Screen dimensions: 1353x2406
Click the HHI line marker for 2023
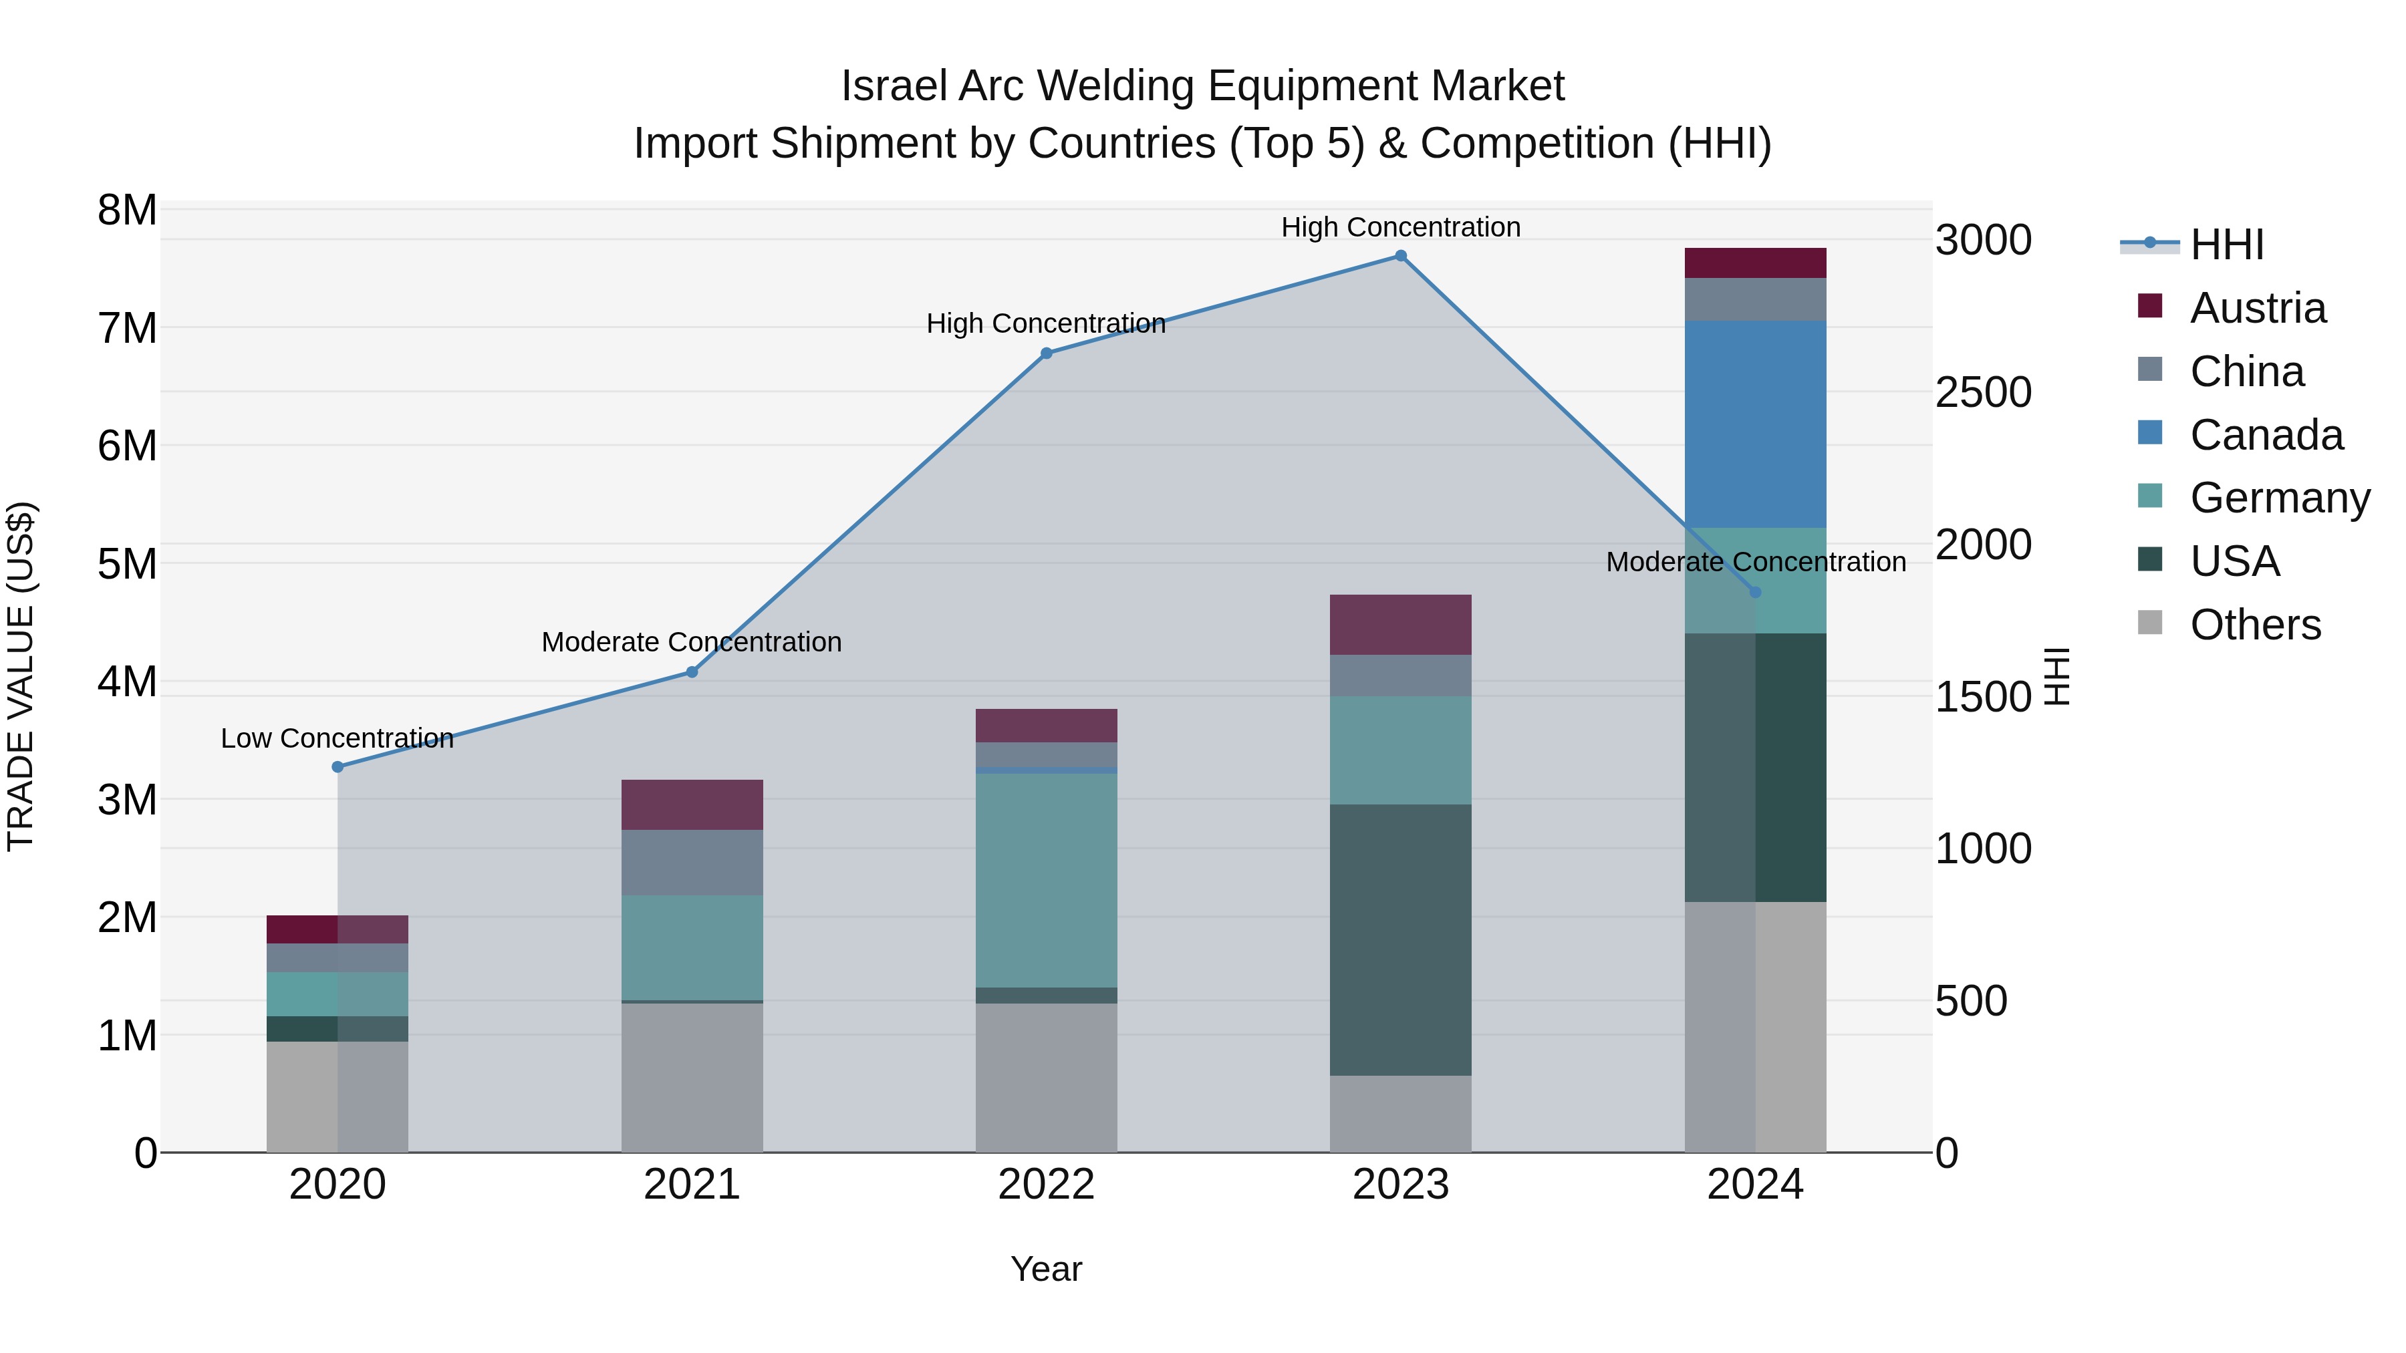pos(1400,256)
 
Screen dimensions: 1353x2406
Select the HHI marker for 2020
pos(338,766)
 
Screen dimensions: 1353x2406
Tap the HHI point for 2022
pos(1046,353)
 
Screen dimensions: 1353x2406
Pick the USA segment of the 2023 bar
pos(1400,939)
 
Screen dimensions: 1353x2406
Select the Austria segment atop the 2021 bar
pos(692,805)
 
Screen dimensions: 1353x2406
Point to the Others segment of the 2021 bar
pos(692,1078)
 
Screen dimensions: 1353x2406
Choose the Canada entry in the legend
pos(2266,435)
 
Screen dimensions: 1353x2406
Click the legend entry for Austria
pos(2256,308)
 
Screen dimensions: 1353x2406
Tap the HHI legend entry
pos(2227,245)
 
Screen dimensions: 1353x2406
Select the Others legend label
pos(2255,625)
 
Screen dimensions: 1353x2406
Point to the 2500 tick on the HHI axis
pos(1983,392)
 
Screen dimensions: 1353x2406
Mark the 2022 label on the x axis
pos(1046,1185)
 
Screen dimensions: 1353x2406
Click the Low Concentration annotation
pos(338,738)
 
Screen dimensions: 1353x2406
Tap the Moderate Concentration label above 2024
pos(1755,562)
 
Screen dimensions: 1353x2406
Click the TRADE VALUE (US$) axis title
pos(21,676)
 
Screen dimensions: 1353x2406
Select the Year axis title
pos(1046,1269)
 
